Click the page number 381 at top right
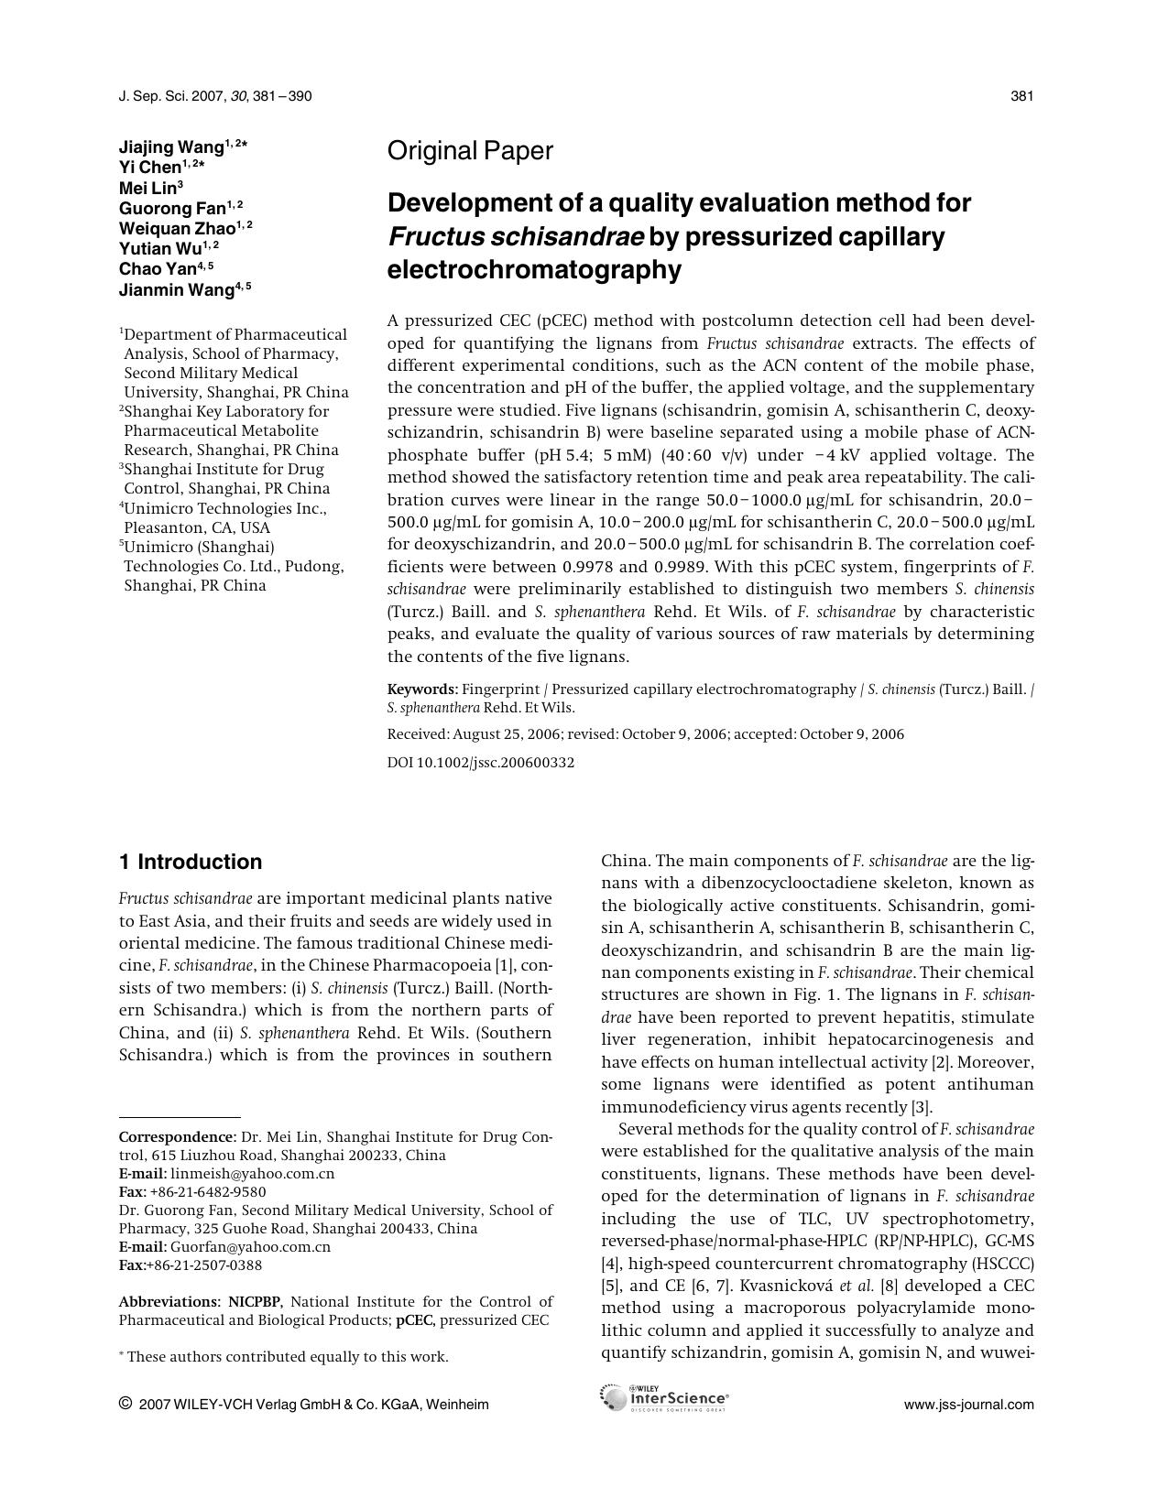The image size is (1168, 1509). (x=1021, y=96)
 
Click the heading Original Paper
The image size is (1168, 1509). (x=470, y=151)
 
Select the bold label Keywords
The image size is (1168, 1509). (x=421, y=689)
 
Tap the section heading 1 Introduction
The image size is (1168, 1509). (x=191, y=862)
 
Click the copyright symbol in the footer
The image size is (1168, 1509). (x=126, y=1404)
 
